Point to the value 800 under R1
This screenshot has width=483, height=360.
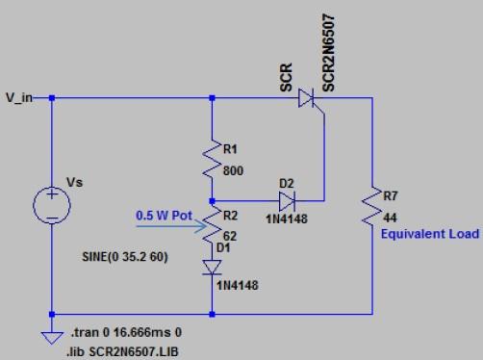234,170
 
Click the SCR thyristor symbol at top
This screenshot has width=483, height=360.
307,97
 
